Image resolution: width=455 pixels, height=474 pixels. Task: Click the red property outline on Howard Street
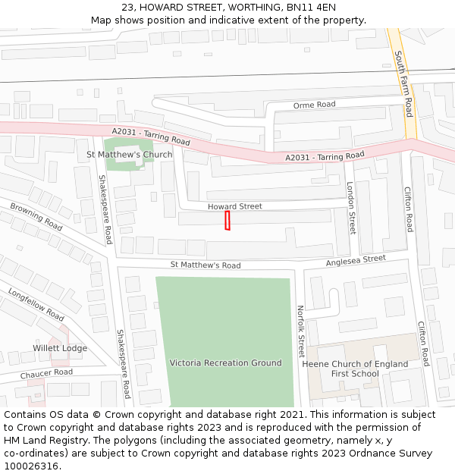227,221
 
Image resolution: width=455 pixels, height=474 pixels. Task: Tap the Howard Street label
235,206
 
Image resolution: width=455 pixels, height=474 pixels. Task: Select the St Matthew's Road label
206,265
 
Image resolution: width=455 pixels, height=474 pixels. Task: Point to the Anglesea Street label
356,260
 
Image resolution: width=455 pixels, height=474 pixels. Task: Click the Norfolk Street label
300,331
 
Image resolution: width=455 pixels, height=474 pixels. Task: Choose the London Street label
351,207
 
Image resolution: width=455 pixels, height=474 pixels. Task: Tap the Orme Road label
314,105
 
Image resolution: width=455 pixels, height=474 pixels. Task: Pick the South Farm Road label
403,83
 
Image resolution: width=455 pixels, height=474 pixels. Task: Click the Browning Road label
36,216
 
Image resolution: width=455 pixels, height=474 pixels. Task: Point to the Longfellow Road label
36,303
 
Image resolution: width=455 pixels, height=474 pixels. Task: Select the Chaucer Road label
46,373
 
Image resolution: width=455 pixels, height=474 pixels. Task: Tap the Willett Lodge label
60,349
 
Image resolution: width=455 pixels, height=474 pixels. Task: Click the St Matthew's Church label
130,155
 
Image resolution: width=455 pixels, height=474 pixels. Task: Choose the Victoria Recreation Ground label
226,363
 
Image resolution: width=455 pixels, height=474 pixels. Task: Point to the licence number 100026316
32,466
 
